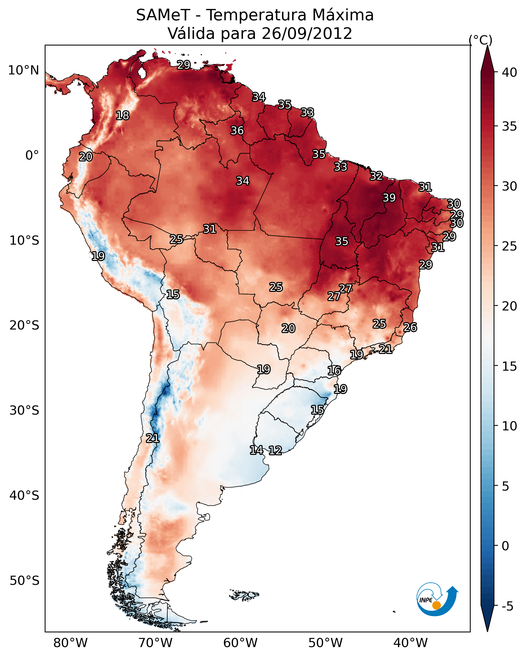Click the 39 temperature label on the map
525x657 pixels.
pyautogui.click(x=389, y=198)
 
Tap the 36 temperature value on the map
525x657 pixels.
pyautogui.click(x=237, y=130)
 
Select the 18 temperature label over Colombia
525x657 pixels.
pyautogui.click(x=122, y=116)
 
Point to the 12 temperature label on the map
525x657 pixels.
pyautogui.click(x=275, y=450)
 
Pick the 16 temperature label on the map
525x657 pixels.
pyautogui.click(x=334, y=371)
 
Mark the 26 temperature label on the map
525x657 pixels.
pyautogui.click(x=410, y=327)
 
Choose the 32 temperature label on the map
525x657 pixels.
pyautogui.click(x=376, y=176)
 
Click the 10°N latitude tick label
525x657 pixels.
pyautogui.click(x=23, y=70)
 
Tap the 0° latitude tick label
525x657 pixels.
pyautogui.click(x=32, y=155)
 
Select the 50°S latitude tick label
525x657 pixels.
pyautogui.click(x=24, y=581)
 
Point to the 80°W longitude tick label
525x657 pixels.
pyautogui.click(x=70, y=643)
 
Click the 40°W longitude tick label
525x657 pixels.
pyautogui.click(x=410, y=643)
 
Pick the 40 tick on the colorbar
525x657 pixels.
pyautogui.click(x=510, y=72)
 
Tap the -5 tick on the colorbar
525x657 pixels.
pyautogui.click(x=507, y=606)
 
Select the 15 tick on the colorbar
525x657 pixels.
pyautogui.click(x=510, y=366)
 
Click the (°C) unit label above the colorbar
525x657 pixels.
pyautogui.click(x=481, y=40)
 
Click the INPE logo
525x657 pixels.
pyautogui.click(x=437, y=599)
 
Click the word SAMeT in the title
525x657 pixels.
pyautogui.click(x=163, y=15)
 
